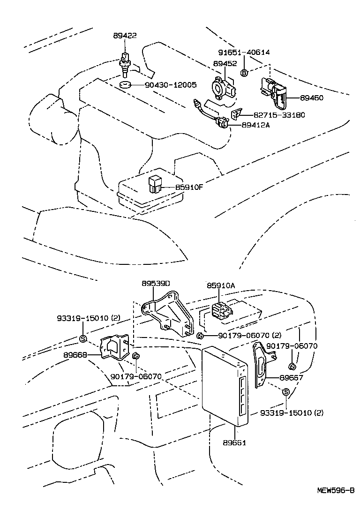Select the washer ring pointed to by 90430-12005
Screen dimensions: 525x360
(124, 85)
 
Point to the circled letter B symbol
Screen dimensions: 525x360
(244, 72)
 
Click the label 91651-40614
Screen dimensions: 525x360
(244, 52)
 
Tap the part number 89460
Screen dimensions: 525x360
(312, 98)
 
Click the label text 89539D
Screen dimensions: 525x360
(156, 284)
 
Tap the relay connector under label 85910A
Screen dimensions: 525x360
(221, 310)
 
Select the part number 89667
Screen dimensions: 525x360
(291, 377)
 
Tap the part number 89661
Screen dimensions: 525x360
(234, 442)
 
